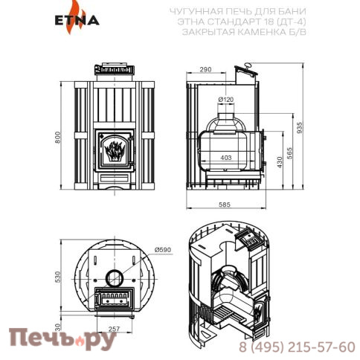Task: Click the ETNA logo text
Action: click(x=77, y=21)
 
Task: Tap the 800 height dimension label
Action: click(x=57, y=137)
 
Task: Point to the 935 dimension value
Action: click(x=300, y=128)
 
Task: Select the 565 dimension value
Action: click(x=289, y=153)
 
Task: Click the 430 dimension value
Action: click(x=280, y=162)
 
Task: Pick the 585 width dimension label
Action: click(x=225, y=205)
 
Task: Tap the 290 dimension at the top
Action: click(x=205, y=69)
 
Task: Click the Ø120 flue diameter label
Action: click(x=226, y=100)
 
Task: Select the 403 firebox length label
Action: click(x=226, y=158)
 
